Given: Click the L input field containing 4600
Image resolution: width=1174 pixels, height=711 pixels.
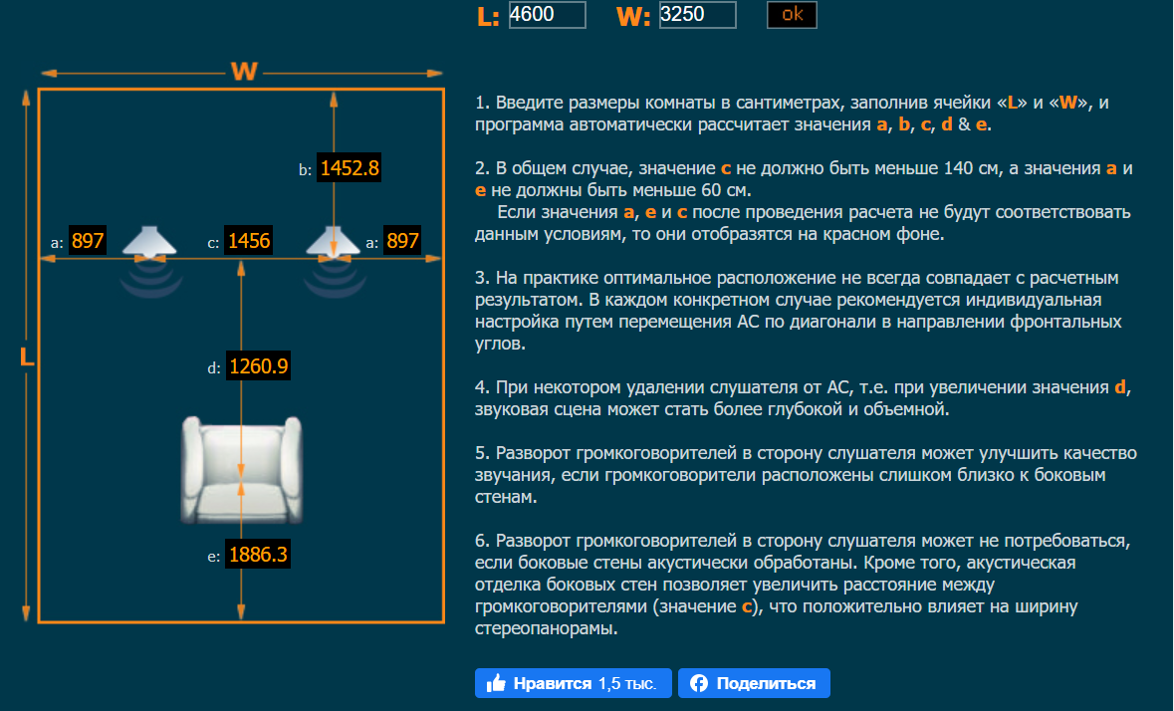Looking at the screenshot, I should (x=547, y=15).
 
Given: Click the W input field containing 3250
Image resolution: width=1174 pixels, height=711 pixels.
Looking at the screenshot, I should (x=697, y=15).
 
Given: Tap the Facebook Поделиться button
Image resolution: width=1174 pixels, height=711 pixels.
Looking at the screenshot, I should (x=754, y=683).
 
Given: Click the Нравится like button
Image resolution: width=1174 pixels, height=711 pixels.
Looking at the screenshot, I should (x=573, y=683).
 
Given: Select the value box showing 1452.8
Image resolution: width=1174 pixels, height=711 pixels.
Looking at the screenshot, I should (x=349, y=168).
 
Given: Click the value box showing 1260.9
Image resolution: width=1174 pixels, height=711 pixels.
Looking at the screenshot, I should (x=259, y=366).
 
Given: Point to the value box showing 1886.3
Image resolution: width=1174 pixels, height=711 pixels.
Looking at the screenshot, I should (x=259, y=555).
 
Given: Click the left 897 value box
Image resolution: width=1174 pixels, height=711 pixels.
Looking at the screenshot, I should (x=88, y=241).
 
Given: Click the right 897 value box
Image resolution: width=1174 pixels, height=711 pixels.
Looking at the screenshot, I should (x=402, y=241).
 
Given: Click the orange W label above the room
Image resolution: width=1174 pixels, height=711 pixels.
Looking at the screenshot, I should (x=244, y=72).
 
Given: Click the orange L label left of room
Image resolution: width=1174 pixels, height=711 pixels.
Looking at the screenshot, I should (x=27, y=356).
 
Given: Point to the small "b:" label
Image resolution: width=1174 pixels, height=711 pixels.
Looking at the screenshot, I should (x=306, y=170).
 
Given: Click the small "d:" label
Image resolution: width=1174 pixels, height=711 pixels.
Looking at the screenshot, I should (x=214, y=368).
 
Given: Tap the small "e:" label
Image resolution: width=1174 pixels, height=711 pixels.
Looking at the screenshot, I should (x=214, y=557).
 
